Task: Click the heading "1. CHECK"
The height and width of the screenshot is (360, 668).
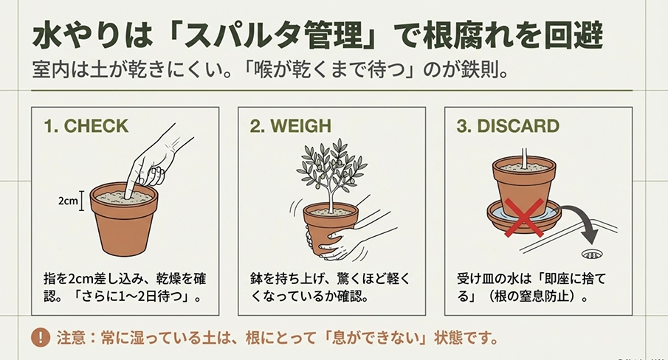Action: tap(86, 126)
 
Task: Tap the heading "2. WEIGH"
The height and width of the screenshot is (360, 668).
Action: tap(290, 126)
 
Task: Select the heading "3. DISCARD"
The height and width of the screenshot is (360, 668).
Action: tap(507, 126)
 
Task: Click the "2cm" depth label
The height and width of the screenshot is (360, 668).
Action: tap(69, 200)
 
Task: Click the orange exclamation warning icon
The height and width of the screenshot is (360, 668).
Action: tap(39, 339)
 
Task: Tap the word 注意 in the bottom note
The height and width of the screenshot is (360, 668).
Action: tap(70, 339)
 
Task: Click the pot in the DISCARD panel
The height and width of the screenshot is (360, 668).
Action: tap(523, 184)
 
